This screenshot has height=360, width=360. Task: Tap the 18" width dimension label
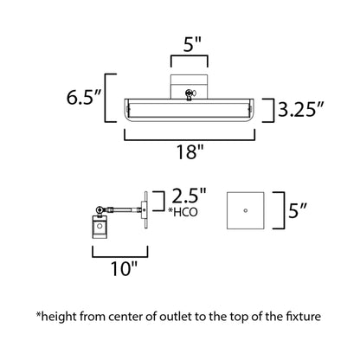click(x=187, y=153)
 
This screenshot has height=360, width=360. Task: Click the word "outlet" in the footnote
click(x=167, y=317)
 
